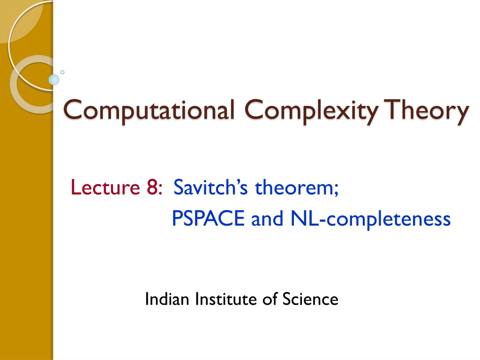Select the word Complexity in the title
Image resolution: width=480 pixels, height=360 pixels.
[311, 111]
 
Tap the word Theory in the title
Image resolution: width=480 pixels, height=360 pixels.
[426, 111]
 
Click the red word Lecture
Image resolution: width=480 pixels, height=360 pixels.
[105, 187]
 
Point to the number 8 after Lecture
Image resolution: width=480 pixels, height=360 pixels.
[152, 187]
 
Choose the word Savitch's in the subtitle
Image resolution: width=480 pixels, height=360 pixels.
[210, 187]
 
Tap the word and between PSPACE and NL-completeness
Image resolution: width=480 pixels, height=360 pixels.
[267, 218]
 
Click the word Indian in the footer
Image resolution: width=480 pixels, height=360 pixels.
[167, 299]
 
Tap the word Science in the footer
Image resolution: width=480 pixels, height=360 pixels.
[310, 299]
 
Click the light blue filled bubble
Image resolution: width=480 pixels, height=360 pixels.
[54, 80]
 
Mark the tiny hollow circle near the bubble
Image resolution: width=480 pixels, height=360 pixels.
[62, 72]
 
